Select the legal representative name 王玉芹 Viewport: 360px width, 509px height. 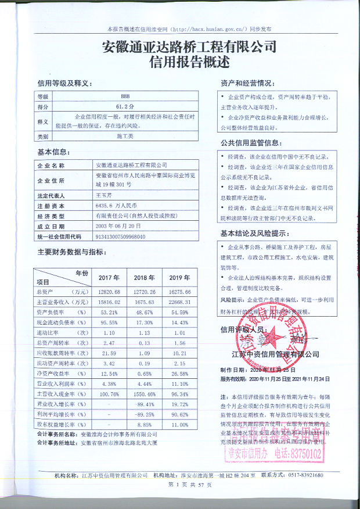[104, 196]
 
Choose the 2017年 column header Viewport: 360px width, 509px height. [109, 277]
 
